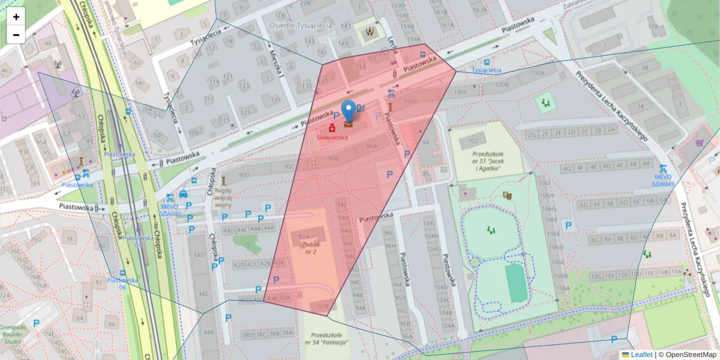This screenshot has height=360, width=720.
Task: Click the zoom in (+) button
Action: point(16,17)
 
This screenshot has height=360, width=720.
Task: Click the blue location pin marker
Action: point(349,112)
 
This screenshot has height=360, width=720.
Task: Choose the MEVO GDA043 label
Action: point(663,180)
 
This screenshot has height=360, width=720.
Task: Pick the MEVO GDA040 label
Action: point(170,209)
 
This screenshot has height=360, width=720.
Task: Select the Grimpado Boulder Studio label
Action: point(13,333)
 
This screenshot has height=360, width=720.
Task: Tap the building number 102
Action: point(473,140)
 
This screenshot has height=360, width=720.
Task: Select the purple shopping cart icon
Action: point(700,143)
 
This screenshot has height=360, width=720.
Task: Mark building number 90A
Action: point(371,146)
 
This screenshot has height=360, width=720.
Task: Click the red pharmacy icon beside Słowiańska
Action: point(331,128)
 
